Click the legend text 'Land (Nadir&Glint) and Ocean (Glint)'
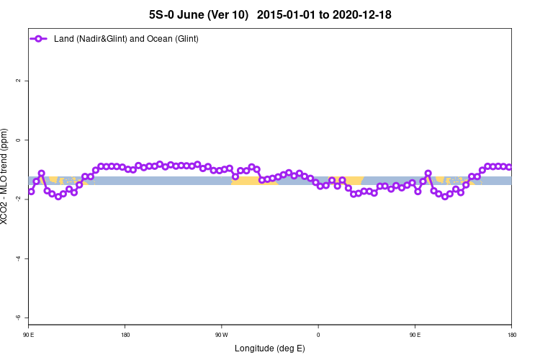[126, 38]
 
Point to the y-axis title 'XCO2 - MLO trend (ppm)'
[6, 176]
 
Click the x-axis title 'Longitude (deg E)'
[270, 348]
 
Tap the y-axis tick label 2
[18, 81]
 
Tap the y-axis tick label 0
[18, 140]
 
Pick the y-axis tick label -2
[18, 199]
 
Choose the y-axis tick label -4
[18, 258]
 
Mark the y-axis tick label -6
[18, 318]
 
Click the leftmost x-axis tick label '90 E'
[29, 334]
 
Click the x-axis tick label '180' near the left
[125, 334]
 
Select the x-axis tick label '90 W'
[222, 334]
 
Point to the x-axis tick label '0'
[318, 334]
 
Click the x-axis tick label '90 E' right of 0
[415, 334]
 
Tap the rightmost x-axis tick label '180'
[511, 334]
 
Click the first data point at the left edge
[31, 191]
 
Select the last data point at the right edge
[509, 167]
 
